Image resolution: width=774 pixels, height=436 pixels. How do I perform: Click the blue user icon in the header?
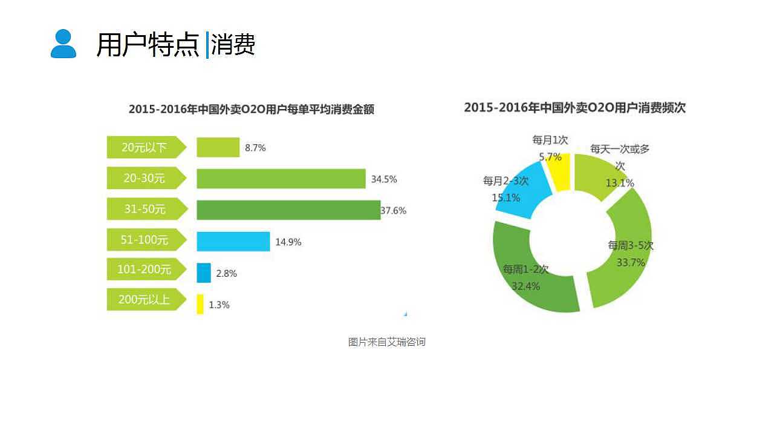63,44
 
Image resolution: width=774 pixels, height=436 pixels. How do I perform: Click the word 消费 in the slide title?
233,44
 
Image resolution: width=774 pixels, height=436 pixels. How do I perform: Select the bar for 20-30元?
281,179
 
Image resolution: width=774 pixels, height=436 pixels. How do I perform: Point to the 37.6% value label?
394,211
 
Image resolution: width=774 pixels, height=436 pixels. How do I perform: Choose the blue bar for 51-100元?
233,241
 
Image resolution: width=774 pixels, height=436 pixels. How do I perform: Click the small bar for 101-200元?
204,272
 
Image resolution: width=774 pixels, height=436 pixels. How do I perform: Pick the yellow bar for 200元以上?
200,304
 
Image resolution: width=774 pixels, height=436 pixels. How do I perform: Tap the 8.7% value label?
255,147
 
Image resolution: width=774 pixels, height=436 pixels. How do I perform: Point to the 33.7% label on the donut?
631,263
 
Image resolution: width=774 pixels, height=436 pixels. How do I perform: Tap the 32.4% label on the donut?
525,286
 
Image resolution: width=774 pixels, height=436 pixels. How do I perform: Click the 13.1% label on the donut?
620,183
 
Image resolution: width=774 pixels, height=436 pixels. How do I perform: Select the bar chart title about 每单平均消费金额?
252,110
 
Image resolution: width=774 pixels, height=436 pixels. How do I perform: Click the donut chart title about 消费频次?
574,108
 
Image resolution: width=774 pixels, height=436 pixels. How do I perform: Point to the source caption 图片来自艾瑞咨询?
387,342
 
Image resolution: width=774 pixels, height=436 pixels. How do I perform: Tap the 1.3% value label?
219,305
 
